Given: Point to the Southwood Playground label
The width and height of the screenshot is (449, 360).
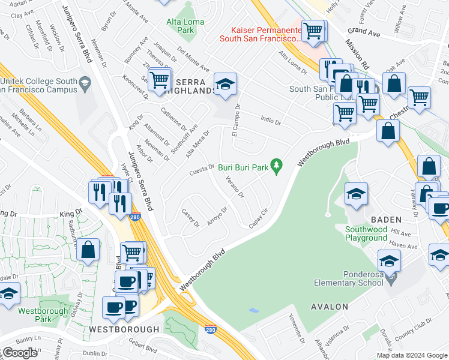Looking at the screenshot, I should (366, 233).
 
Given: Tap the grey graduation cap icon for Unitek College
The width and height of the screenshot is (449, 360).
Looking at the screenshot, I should (85, 85).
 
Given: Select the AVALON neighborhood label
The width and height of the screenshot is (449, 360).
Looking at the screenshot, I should (329, 307).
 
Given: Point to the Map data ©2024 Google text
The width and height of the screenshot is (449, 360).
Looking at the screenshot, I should (411, 355).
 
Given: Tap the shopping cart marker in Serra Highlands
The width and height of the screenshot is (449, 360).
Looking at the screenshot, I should (159, 80).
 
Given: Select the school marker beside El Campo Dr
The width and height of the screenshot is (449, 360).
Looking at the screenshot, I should (225, 85).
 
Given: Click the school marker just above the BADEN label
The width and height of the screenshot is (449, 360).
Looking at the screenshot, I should (355, 194).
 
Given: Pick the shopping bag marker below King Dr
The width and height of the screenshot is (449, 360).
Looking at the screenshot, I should (88, 250).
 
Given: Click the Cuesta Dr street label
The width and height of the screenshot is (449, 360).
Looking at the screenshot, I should (202, 167).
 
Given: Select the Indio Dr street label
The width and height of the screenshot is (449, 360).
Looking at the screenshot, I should (271, 121).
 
